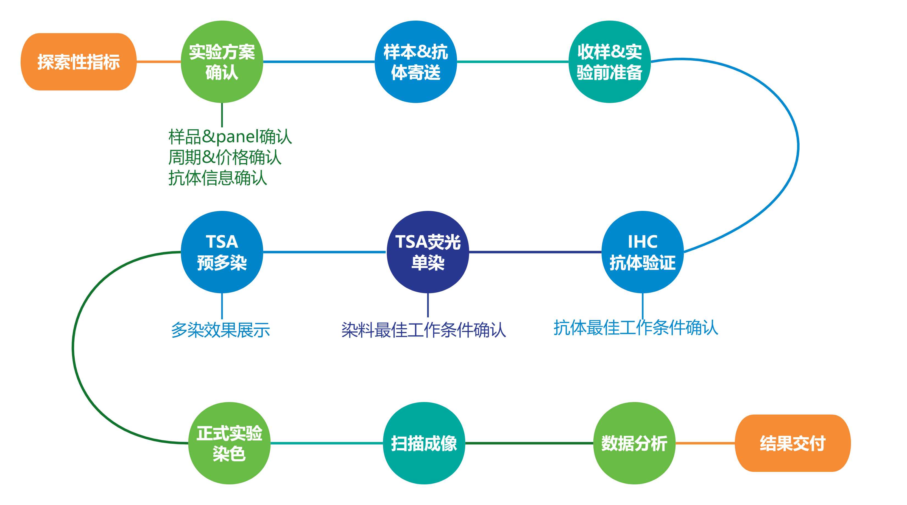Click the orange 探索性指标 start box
pos(79,62)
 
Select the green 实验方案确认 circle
pos(222,62)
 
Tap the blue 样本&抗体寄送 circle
pos(415,62)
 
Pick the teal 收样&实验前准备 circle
pos(610,62)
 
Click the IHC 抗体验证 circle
pos(643,252)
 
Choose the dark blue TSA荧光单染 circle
pos(428,252)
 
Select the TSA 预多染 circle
pos(222,252)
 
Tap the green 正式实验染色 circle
pos(229,443)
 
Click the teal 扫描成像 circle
pos(424,443)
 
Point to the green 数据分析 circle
pos(634,443)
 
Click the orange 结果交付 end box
pos(792,443)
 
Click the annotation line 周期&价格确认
pos(225,157)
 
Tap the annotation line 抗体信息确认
pos(217,178)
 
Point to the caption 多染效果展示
pos(221,330)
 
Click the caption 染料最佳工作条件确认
pos(424,330)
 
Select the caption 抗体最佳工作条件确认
pos(635,328)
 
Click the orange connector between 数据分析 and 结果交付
pos(705,443)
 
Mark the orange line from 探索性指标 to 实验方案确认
pos(158,62)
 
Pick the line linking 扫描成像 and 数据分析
pos(529,443)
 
